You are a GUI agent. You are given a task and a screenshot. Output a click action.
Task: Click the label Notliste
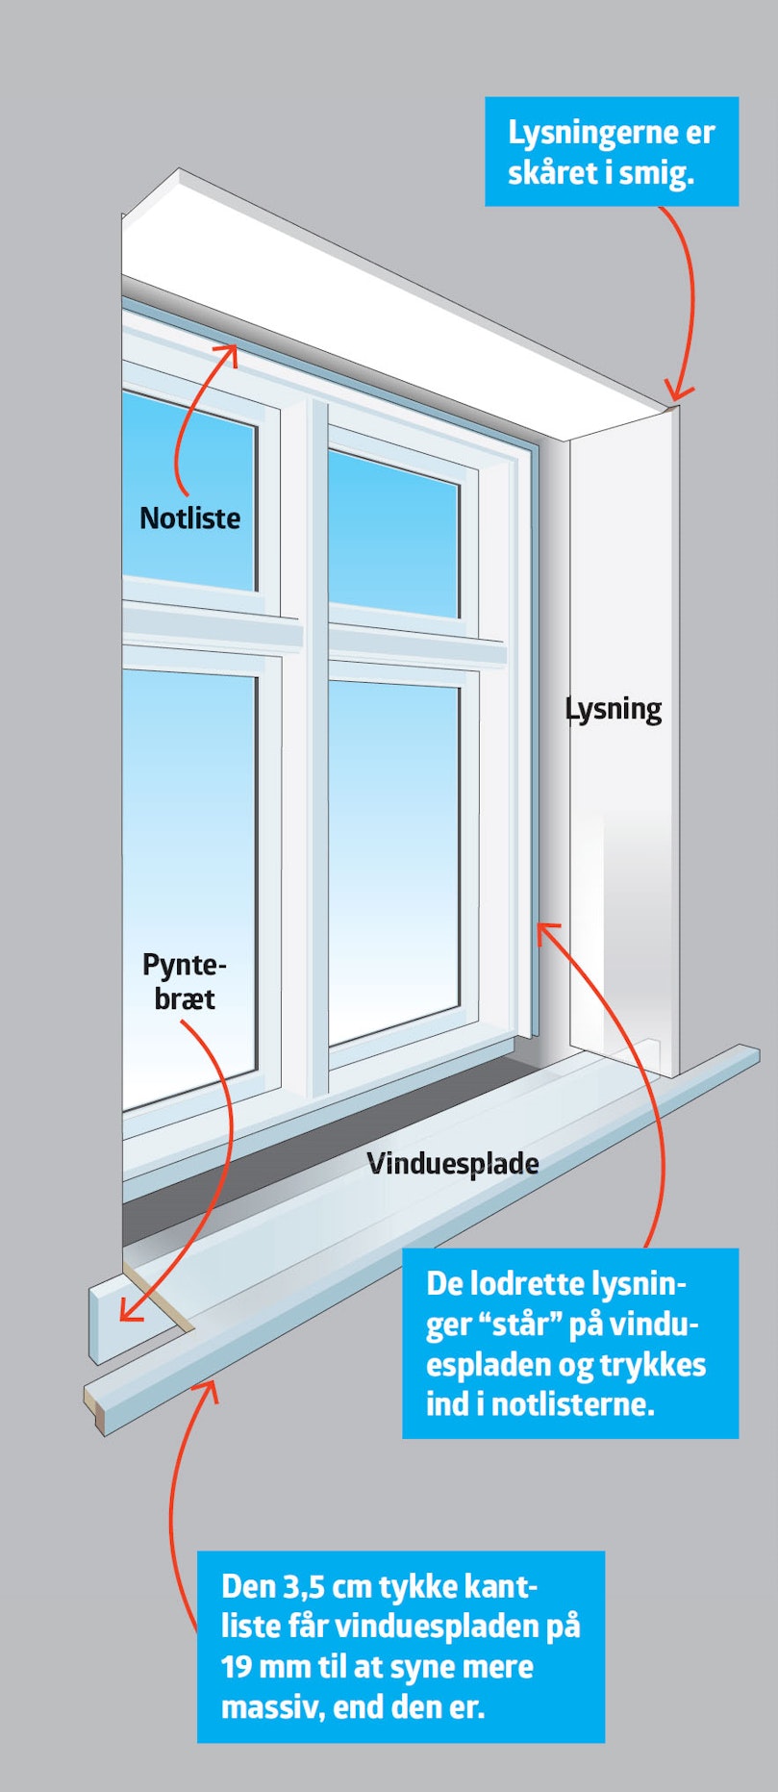click(189, 517)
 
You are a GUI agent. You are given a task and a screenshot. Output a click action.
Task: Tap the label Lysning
click(614, 710)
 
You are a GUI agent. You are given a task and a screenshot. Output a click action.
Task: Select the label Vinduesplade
click(452, 1164)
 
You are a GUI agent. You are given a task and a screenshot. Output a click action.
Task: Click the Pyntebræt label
click(184, 981)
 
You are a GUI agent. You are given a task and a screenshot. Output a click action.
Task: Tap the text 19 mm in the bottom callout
click(263, 1666)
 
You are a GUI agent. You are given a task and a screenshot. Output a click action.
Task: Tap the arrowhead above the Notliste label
click(228, 353)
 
